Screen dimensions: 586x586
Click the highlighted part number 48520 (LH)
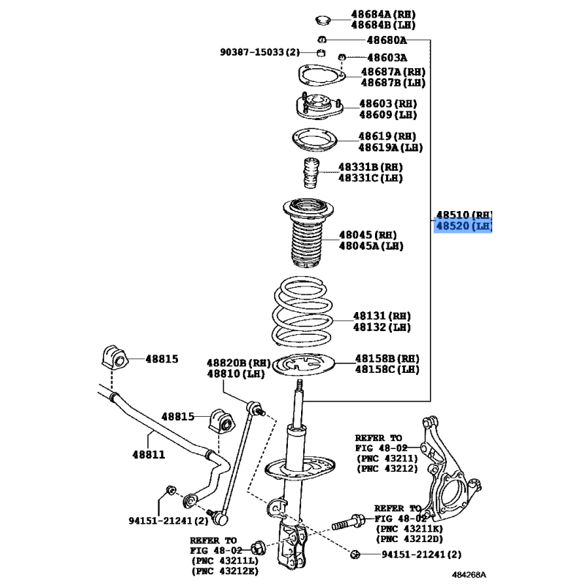pyautogui.click(x=464, y=226)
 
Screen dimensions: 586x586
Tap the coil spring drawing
pyautogui.click(x=303, y=312)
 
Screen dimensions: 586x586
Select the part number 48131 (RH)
pyautogui.click(x=382, y=316)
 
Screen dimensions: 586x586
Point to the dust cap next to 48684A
pyautogui.click(x=322, y=20)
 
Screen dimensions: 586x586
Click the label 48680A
pyautogui.click(x=387, y=40)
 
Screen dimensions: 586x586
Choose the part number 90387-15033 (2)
pyautogui.click(x=260, y=52)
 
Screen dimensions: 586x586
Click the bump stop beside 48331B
pyautogui.click(x=311, y=174)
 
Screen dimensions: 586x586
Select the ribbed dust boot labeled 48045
pyautogui.click(x=308, y=233)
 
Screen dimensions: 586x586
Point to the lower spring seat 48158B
pyautogui.click(x=303, y=364)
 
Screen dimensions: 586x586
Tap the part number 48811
pyautogui.click(x=149, y=454)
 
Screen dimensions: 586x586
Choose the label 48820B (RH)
pyautogui.click(x=239, y=363)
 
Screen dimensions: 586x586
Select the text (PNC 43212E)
pyautogui.click(x=225, y=571)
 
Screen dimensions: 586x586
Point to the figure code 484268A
pyautogui.click(x=469, y=575)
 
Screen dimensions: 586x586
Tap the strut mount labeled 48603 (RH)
pyautogui.click(x=319, y=106)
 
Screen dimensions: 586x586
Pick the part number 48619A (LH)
pyautogui.click(x=390, y=148)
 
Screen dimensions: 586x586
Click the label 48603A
pyautogui.click(x=387, y=58)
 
